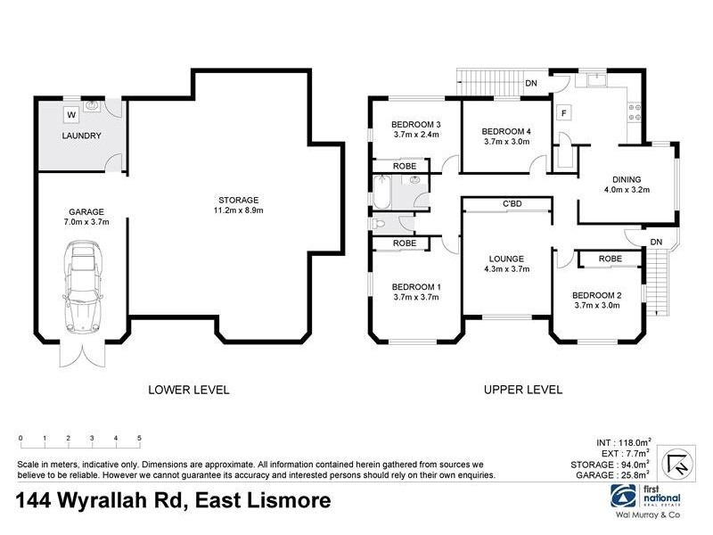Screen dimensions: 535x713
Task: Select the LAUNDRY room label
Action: click(x=81, y=136)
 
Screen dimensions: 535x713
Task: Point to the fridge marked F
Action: click(x=562, y=113)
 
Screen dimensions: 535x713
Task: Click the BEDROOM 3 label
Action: click(x=418, y=129)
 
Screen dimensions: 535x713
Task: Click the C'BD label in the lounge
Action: click(x=512, y=204)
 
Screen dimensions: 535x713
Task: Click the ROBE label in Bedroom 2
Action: click(x=610, y=259)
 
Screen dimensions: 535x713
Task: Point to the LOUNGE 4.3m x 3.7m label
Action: click(x=506, y=262)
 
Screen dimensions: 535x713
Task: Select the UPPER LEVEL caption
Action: click(x=522, y=389)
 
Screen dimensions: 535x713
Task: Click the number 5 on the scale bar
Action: click(x=140, y=438)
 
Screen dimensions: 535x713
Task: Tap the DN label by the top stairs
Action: click(x=531, y=84)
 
